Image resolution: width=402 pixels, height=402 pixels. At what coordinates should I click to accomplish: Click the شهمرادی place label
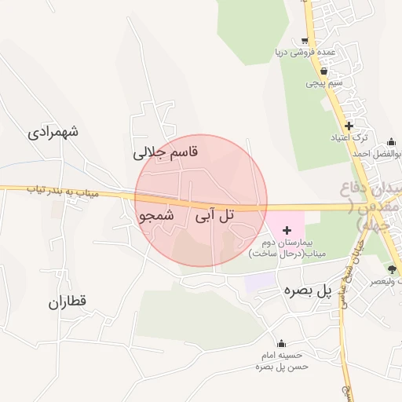click(x=53, y=132)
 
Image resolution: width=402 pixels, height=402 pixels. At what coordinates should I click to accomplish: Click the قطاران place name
click(x=67, y=301)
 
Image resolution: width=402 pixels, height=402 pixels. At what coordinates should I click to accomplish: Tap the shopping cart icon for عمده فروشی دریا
click(x=304, y=41)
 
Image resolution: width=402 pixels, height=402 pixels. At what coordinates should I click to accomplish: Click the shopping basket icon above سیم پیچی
click(x=312, y=70)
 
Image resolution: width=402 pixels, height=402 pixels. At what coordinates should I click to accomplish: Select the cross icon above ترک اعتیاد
click(x=349, y=126)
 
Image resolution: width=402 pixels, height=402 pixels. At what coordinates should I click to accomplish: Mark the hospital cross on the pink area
click(x=287, y=230)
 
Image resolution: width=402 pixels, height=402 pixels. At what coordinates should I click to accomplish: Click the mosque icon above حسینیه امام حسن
click(x=281, y=343)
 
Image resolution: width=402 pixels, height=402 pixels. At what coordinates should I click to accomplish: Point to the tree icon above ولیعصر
click(x=392, y=269)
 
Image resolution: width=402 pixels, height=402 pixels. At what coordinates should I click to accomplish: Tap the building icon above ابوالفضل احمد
click(x=391, y=142)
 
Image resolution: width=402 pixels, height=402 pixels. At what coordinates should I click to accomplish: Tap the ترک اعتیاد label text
click(x=349, y=137)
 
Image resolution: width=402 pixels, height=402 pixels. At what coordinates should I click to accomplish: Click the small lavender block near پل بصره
click(x=258, y=281)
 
